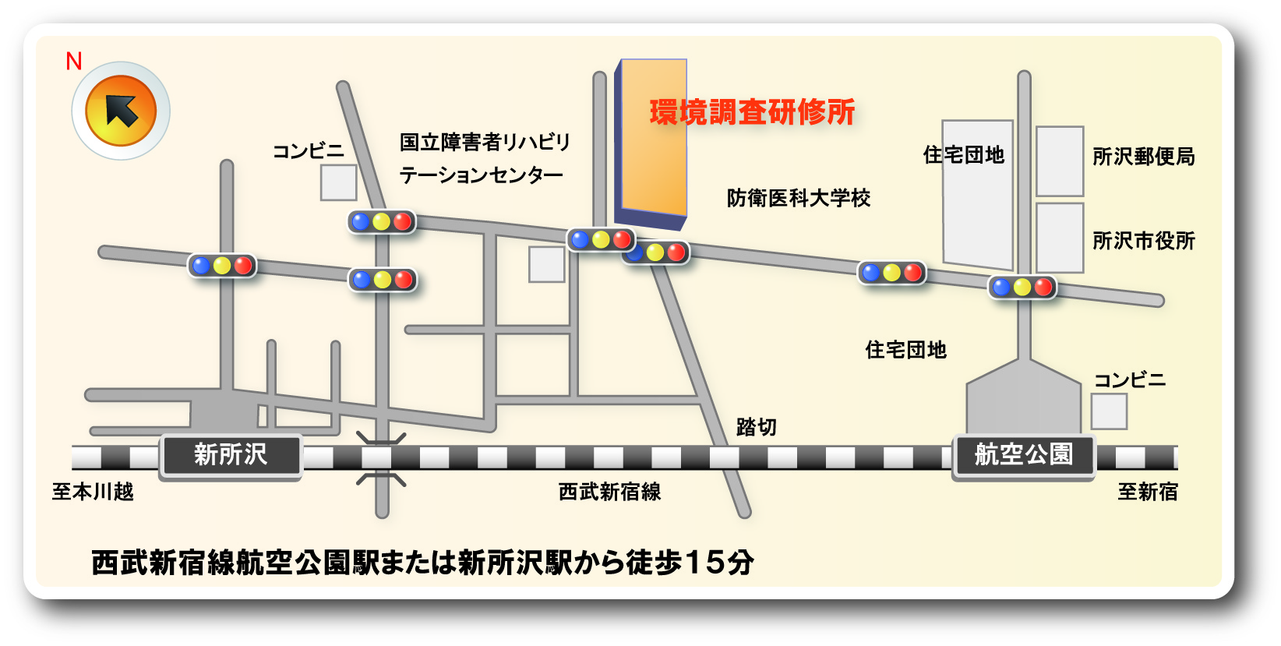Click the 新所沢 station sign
(x=231, y=455)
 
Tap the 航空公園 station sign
(x=1024, y=455)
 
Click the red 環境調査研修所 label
(x=752, y=112)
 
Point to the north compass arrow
(x=121, y=111)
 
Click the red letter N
(x=74, y=61)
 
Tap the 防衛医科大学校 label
(x=799, y=198)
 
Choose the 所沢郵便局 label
(x=1143, y=157)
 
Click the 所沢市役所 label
(x=1143, y=241)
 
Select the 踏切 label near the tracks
(x=756, y=427)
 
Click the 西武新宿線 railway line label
(x=609, y=492)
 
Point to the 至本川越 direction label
(x=93, y=492)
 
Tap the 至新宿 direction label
(x=1148, y=492)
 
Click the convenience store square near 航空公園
(x=1109, y=411)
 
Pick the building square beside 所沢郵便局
(x=1060, y=161)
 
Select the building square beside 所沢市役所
(x=1060, y=238)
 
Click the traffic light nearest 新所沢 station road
(x=222, y=266)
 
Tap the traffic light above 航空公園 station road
(x=1022, y=288)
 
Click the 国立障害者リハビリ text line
(x=485, y=142)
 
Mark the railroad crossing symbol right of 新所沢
(x=381, y=458)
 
